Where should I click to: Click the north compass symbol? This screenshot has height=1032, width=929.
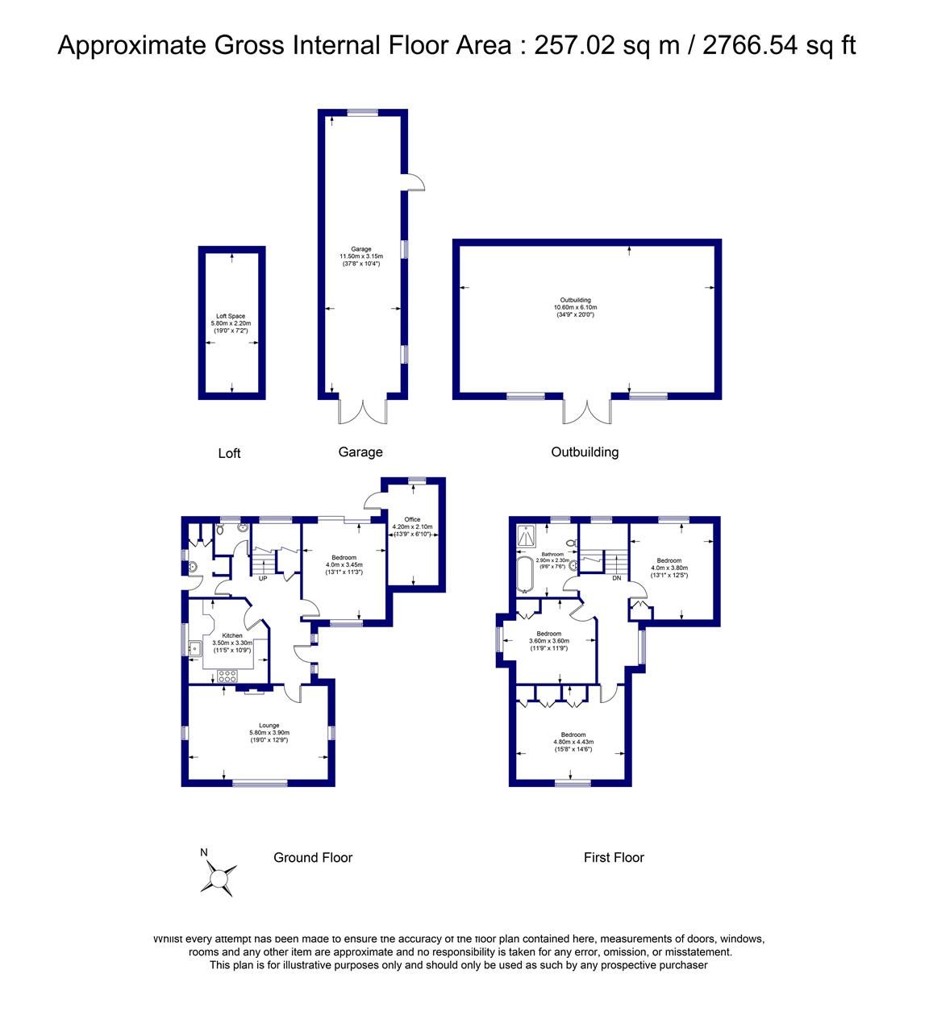(x=219, y=876)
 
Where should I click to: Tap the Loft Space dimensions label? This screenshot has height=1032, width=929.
(x=231, y=323)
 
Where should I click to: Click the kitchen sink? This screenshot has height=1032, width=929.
(x=195, y=647)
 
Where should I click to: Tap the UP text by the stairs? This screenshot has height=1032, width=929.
(x=263, y=578)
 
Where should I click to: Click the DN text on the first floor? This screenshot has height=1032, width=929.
(x=616, y=578)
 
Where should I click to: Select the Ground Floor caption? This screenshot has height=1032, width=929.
(x=313, y=857)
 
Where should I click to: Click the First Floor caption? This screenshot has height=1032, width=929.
(x=614, y=857)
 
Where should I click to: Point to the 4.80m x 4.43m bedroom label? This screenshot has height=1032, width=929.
(x=573, y=742)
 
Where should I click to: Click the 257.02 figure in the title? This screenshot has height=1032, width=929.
(x=569, y=45)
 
